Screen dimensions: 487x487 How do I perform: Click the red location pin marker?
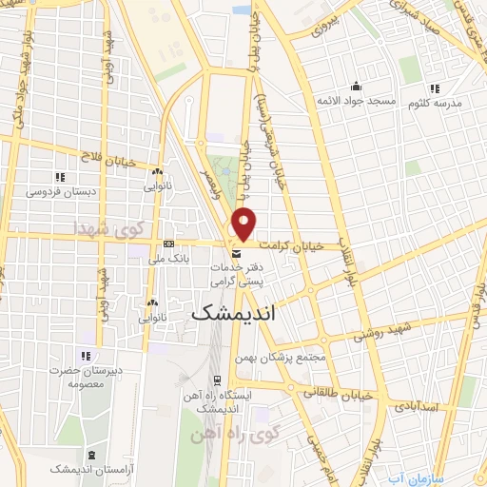click(x=245, y=223)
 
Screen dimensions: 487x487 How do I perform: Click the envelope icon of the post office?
click(x=236, y=253)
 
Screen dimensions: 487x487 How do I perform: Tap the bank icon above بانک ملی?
click(x=168, y=243)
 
